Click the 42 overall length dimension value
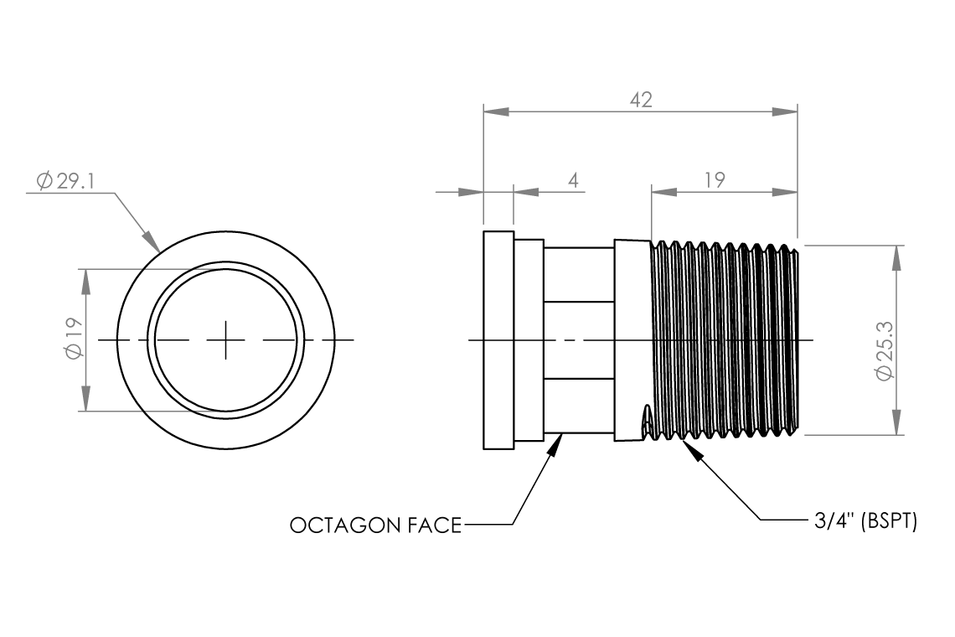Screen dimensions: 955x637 pos(641,100)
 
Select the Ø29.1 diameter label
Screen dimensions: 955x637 pos(65,180)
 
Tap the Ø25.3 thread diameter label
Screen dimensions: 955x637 pos(885,351)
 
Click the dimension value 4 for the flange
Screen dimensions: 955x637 pos(572,180)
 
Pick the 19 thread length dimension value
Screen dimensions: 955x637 pos(715,180)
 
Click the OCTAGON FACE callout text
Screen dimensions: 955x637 pos(376,526)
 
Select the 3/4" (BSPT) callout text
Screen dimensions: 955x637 pos(865,521)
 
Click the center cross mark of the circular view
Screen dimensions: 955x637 pos(225,339)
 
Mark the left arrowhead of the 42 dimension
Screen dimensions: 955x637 pos(496,111)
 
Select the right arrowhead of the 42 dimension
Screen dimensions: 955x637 pos(785,111)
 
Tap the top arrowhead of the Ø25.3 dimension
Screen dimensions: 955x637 pos(896,257)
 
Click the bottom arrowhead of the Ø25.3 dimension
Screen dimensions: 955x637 pos(896,422)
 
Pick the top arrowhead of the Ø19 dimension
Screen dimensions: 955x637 pos(85,281)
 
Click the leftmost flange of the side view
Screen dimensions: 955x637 pos(498,340)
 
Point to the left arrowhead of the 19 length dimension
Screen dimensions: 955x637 pos(663,192)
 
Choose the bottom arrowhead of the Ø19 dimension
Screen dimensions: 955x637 pos(85,399)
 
